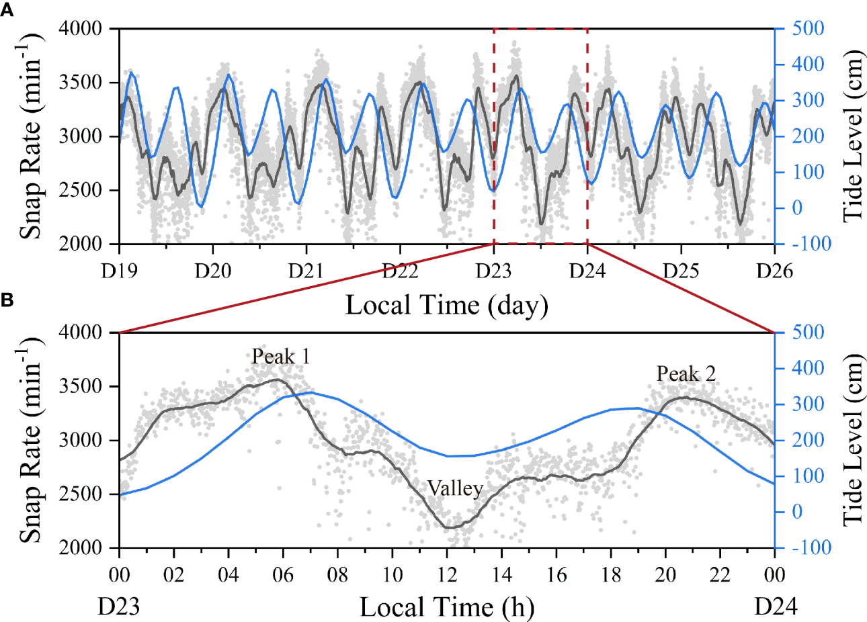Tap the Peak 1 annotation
[281, 356]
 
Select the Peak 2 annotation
[686, 373]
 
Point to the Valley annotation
[455, 488]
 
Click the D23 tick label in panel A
[494, 271]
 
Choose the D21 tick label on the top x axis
[306, 271]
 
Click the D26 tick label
[775, 271]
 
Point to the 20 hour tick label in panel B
[665, 575]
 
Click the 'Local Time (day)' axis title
[447, 306]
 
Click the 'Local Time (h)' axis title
[447, 608]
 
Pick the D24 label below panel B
[776, 607]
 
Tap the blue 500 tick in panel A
[808, 29]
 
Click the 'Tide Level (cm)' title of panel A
[852, 136]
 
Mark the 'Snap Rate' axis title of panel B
[30, 440]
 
